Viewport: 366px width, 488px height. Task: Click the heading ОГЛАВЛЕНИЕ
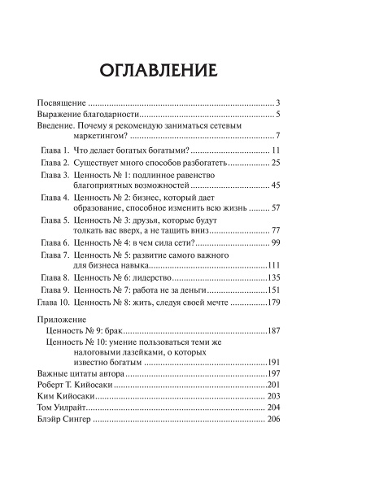pos(183,70)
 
